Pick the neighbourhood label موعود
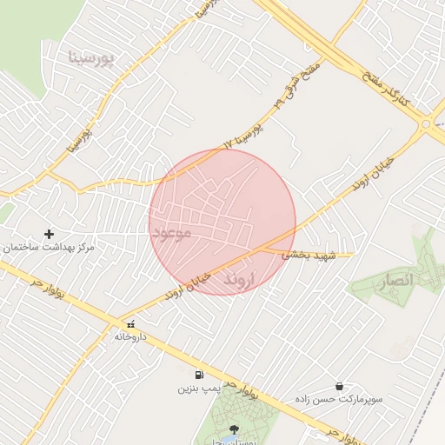point(170,233)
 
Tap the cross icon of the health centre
point(49,233)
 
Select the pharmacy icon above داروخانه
point(130,323)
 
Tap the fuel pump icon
point(199,375)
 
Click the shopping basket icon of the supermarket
point(338,386)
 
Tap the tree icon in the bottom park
point(233,428)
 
